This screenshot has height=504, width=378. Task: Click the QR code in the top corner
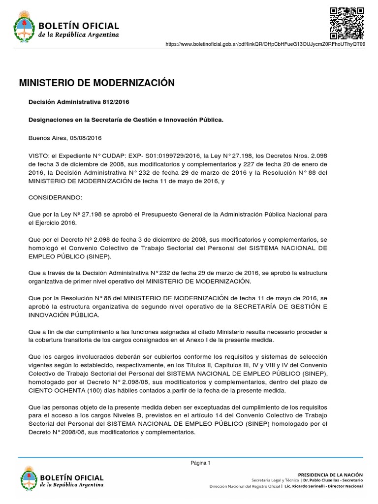pos(346,23)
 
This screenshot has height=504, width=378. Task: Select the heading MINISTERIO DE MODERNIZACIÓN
pos(96,83)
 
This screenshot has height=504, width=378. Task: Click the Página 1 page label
pos(201,463)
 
